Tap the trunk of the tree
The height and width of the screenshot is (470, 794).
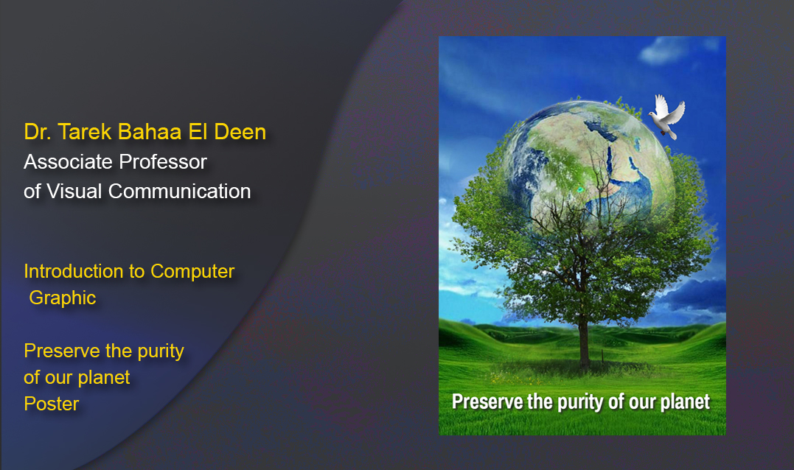tap(583, 339)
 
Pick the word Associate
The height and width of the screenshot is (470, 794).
tap(64, 161)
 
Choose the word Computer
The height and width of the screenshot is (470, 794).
tap(192, 271)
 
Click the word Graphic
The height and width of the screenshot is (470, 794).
tap(63, 298)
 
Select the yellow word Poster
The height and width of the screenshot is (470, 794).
tap(51, 404)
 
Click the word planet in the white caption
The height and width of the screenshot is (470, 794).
tap(683, 402)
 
